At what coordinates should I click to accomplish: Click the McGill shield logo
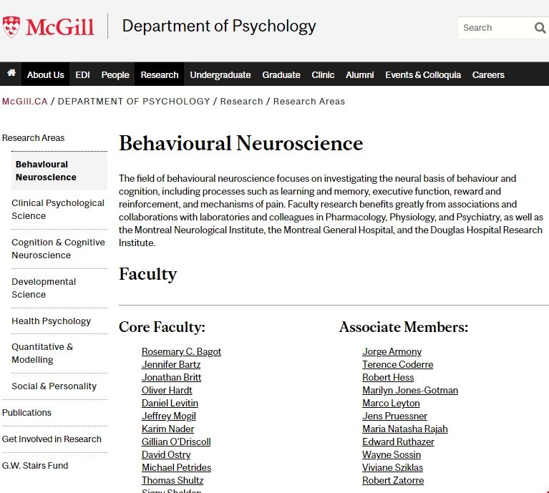tap(11, 27)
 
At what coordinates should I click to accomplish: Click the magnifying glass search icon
tap(540, 28)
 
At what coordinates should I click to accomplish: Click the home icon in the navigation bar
tap(11, 74)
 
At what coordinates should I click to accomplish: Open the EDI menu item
tap(82, 74)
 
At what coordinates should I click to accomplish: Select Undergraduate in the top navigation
tap(220, 74)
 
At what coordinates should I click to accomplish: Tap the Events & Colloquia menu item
tap(423, 74)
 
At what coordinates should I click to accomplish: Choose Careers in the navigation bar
tap(488, 74)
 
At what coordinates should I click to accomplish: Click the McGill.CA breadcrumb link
tap(24, 101)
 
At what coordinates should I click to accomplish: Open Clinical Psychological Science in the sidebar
tap(58, 209)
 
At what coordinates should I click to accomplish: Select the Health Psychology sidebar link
tap(51, 321)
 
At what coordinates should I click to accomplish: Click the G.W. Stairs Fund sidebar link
tap(35, 465)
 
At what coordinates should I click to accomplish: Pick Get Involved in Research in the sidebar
tap(52, 439)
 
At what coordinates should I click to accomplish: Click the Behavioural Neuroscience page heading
tap(241, 143)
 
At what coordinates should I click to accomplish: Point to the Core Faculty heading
tap(162, 327)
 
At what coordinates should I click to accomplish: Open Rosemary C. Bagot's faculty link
tap(181, 351)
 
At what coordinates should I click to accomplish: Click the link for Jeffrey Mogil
tap(168, 416)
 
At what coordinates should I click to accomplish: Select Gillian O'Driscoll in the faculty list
tap(176, 441)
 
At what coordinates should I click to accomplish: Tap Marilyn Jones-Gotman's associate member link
tap(409, 390)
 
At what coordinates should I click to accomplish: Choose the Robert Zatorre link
tap(392, 480)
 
